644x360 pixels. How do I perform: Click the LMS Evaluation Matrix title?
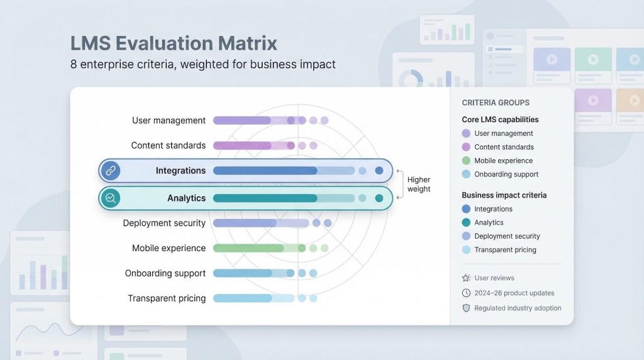point(174,43)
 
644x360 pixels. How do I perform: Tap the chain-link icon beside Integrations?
point(111,171)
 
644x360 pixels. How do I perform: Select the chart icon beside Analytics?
point(111,198)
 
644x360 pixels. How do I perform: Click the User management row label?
point(169,120)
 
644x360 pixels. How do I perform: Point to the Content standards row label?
point(169,145)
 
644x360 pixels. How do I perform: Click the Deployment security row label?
point(164,223)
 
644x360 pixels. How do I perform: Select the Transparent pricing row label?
point(167,298)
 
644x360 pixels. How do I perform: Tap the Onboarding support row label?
point(165,273)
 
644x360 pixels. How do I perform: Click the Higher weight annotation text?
point(419,184)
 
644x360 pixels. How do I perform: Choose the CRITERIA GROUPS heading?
point(496,103)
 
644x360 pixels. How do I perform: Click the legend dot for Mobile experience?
point(466,160)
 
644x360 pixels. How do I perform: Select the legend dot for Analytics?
point(466,222)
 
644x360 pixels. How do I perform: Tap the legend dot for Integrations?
point(466,209)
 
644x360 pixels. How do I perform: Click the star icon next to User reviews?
point(466,278)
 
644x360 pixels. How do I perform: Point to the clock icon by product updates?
point(466,293)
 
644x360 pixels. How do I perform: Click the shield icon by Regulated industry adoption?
point(466,308)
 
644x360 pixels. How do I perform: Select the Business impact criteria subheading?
point(504,195)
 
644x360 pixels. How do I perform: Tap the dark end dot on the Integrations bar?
point(379,171)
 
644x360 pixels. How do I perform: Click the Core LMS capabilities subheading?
point(500,120)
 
